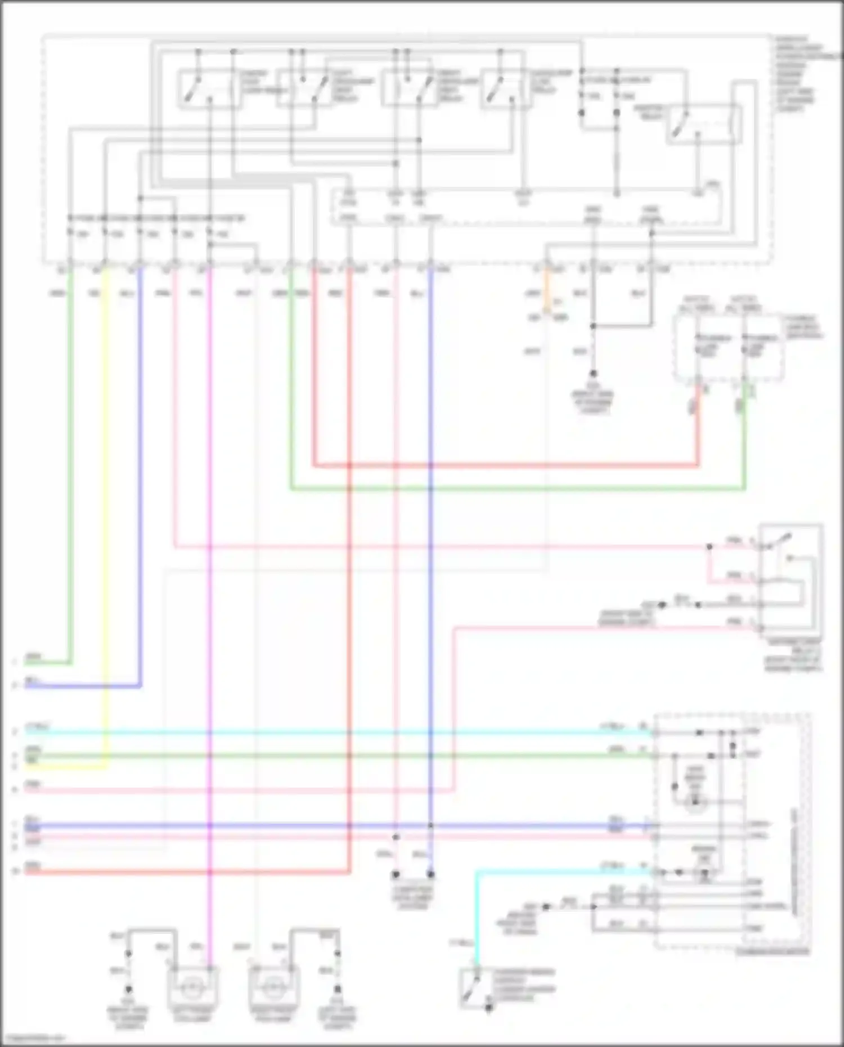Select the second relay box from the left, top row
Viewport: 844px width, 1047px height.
tap(304, 89)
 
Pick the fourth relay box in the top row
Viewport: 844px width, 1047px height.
tap(505, 89)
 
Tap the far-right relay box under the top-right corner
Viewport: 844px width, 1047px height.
tap(703, 124)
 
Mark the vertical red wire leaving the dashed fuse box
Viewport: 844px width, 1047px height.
tap(698, 428)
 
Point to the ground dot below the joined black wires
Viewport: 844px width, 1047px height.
tap(593, 374)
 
